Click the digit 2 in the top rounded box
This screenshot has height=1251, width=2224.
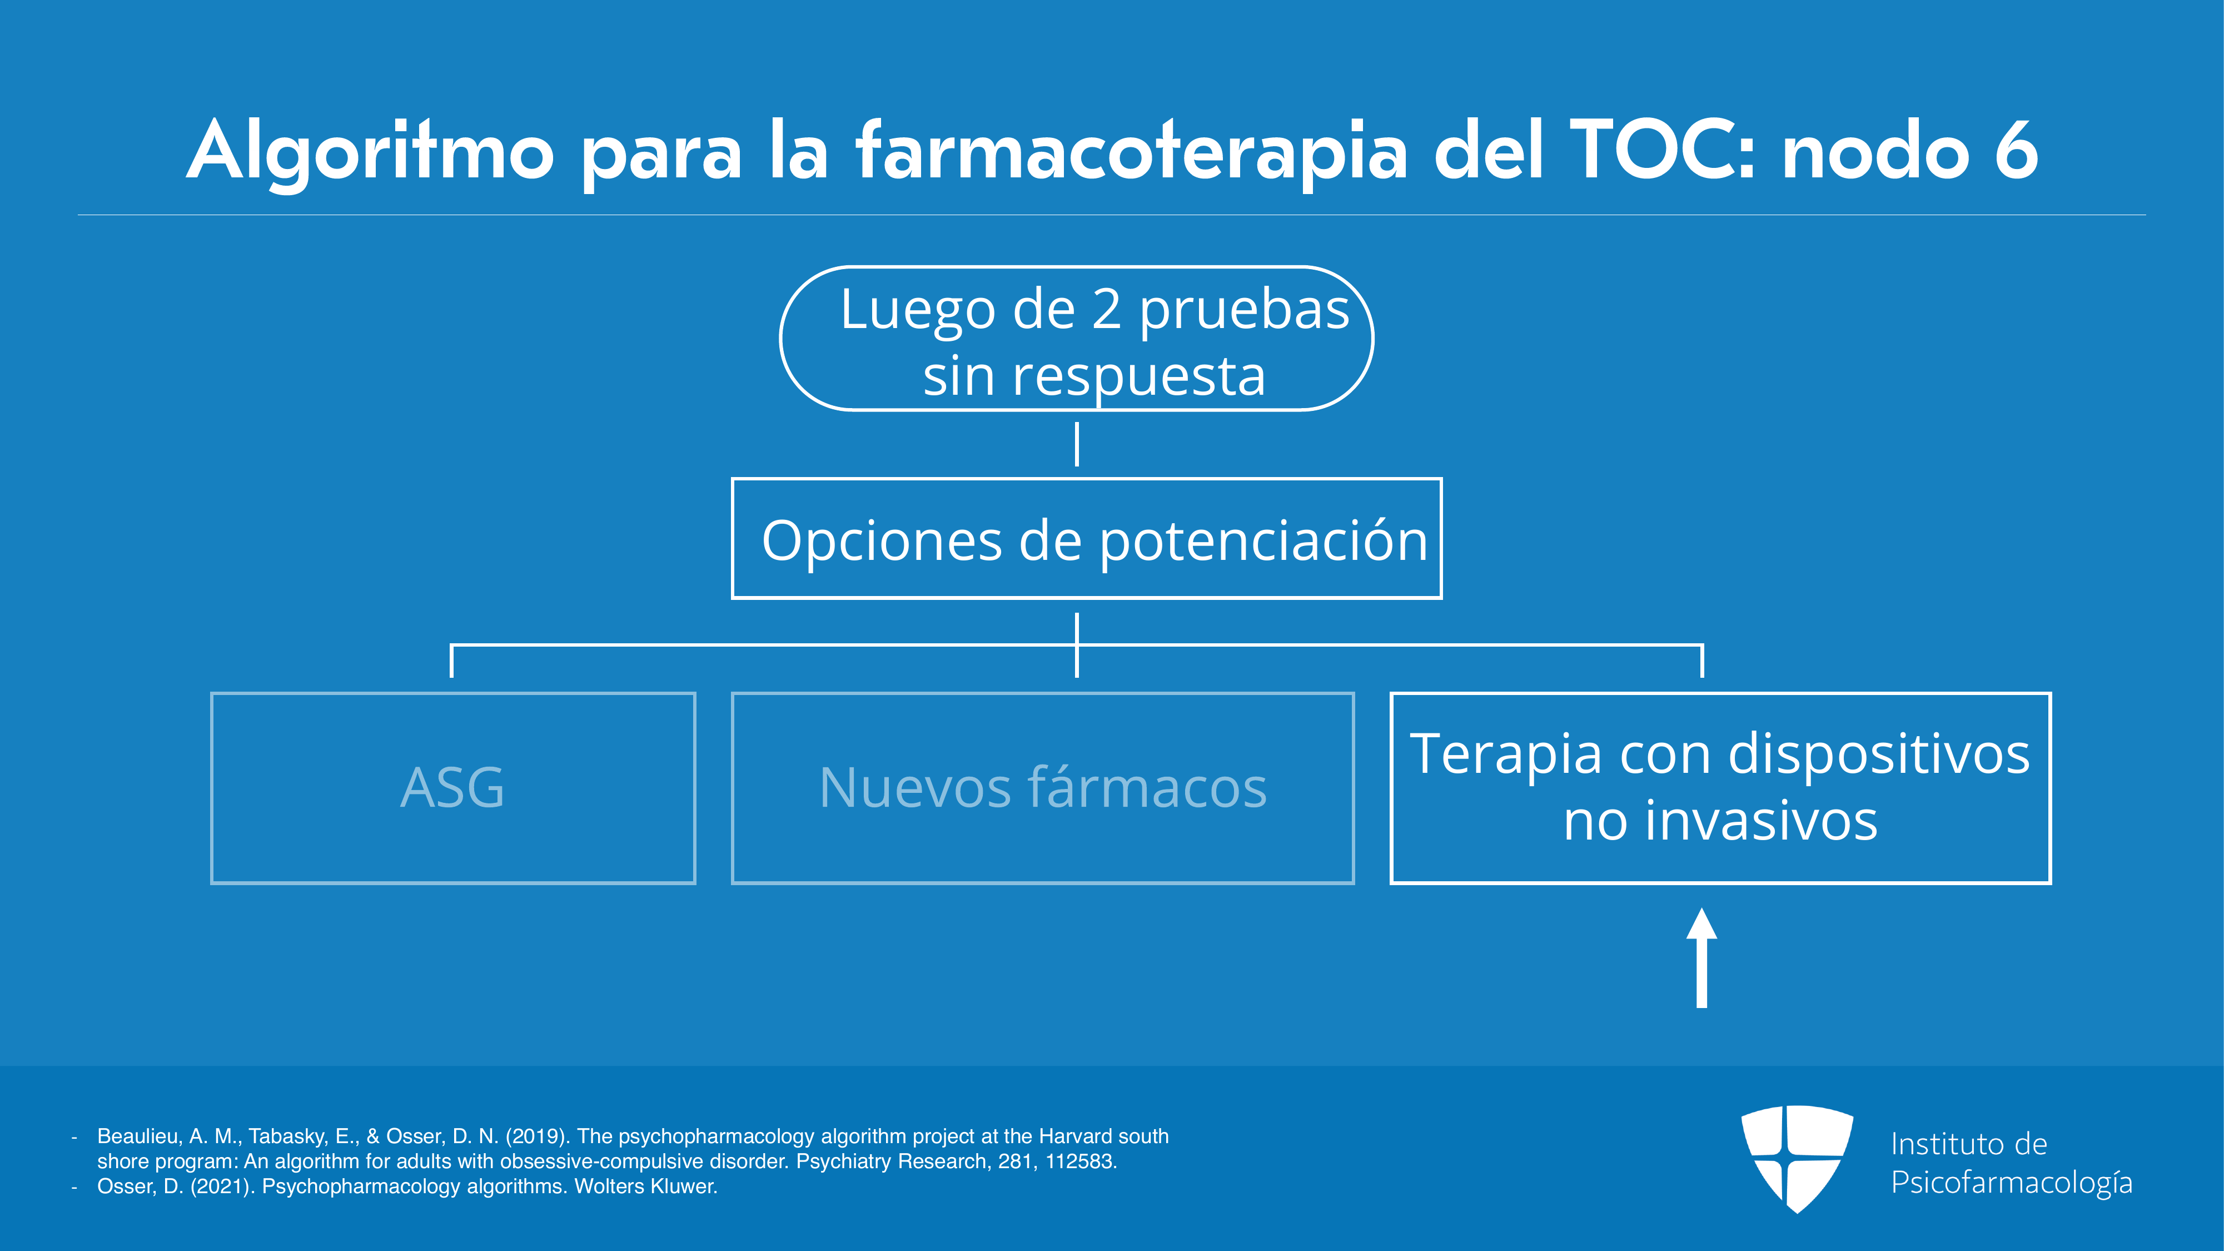pos(1106,309)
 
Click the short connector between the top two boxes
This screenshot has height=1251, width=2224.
pos(1077,444)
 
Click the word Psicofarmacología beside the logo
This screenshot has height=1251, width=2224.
pos(2012,1183)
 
